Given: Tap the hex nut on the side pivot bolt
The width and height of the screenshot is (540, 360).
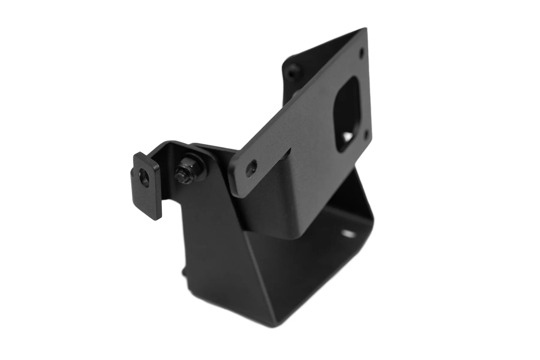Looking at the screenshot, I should click(184, 170).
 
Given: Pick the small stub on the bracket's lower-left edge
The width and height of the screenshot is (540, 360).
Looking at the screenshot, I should click(184, 271).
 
